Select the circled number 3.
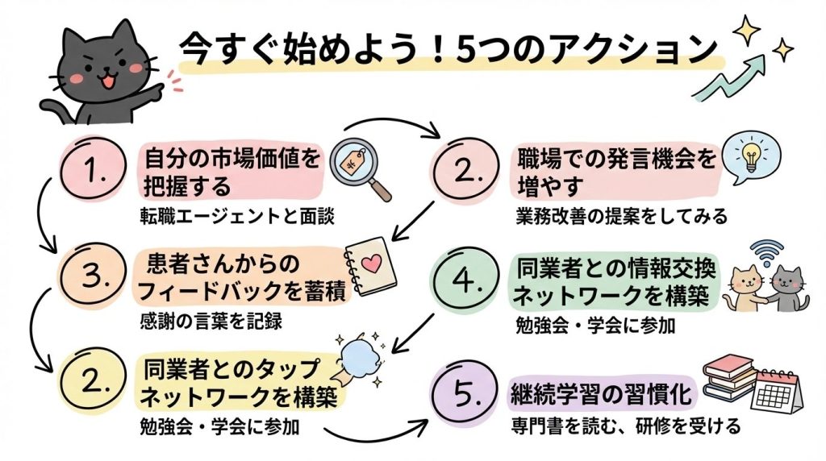[96, 276]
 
